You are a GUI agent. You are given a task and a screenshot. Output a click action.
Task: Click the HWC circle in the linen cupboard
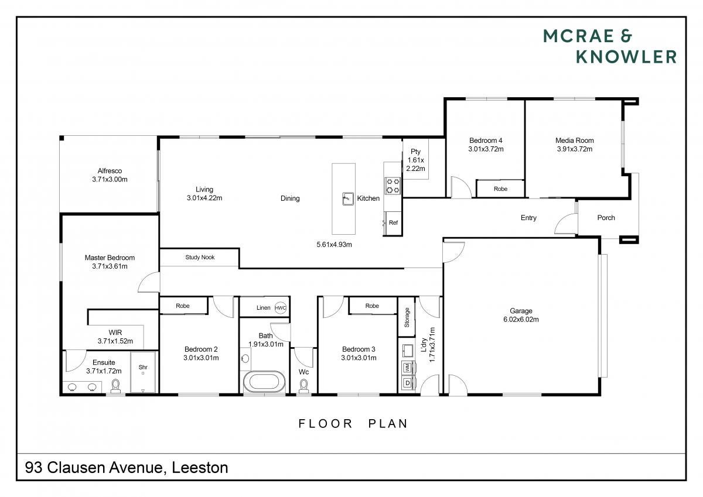[280, 308]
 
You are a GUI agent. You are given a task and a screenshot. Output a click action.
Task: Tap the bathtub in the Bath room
[264, 382]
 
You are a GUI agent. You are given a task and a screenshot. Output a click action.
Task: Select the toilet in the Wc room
[303, 386]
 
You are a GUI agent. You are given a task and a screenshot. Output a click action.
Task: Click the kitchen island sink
[348, 199]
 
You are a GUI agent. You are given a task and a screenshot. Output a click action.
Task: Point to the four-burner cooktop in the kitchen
[393, 186]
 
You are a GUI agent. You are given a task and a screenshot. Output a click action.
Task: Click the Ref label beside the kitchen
[393, 222]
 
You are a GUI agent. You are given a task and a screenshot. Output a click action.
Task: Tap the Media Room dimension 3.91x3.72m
[575, 149]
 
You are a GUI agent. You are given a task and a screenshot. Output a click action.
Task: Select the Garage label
[521, 311]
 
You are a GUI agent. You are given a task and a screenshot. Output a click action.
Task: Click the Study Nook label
[200, 258]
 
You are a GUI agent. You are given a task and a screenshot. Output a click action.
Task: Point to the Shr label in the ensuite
[143, 367]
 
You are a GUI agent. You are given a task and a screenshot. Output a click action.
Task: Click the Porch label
[606, 218]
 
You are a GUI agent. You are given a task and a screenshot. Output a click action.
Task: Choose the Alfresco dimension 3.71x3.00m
[110, 180]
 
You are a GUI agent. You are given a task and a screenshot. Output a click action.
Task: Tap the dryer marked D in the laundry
[408, 383]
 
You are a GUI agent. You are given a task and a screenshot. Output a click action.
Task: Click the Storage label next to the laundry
[407, 318]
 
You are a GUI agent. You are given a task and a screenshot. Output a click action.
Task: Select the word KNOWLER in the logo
[626, 57]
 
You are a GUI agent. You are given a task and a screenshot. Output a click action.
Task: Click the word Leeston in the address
[200, 468]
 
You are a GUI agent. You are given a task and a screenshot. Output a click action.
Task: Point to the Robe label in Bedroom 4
[500, 189]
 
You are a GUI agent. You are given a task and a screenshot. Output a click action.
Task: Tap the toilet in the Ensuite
[115, 386]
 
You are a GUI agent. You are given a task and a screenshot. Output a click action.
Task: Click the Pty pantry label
[415, 152]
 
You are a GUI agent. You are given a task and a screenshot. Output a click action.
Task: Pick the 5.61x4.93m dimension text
[335, 245]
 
